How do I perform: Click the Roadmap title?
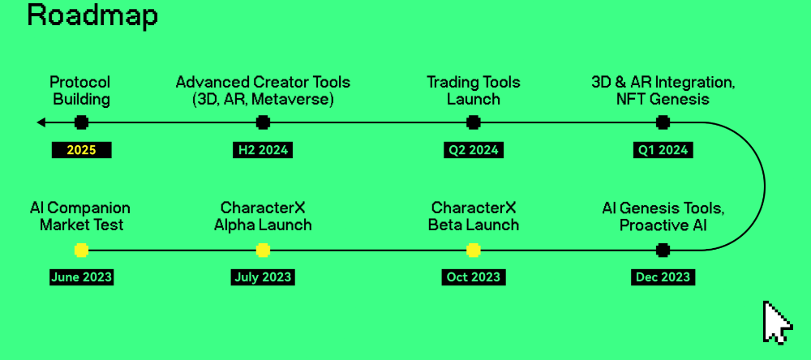point(92,15)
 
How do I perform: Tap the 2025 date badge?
point(81,150)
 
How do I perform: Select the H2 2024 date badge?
point(263,150)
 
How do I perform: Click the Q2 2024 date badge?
point(474,150)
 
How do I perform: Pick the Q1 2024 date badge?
point(663,150)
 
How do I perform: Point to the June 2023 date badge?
point(81,276)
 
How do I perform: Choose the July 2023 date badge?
point(263,276)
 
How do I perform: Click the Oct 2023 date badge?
point(474,276)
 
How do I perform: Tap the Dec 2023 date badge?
point(663,276)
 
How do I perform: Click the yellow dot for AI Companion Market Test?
point(81,251)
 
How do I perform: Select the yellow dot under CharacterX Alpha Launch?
point(263,251)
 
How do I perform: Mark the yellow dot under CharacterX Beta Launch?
point(474,251)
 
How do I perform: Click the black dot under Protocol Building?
point(81,122)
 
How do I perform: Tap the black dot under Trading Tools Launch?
point(474,122)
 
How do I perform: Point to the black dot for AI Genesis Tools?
point(663,251)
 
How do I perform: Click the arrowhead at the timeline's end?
point(38,122)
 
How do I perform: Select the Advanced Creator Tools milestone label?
point(263,90)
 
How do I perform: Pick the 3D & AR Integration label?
point(663,82)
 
